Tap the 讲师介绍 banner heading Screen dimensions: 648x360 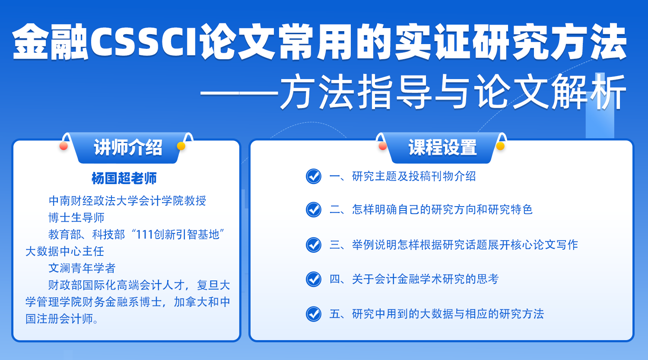point(128,148)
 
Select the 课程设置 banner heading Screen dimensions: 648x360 point(442,148)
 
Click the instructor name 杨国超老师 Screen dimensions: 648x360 point(124,178)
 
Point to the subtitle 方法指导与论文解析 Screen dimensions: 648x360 point(453,92)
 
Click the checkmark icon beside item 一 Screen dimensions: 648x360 point(314,176)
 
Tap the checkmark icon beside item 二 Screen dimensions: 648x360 point(314,210)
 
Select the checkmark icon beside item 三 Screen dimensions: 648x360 point(314,245)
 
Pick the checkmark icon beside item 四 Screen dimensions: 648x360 point(314,279)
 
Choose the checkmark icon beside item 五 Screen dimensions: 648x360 point(314,314)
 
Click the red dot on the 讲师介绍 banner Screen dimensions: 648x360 point(64,146)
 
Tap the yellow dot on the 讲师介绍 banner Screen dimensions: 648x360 point(181,146)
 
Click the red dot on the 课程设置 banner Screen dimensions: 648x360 point(383,146)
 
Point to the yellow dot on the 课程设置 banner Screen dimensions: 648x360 point(500,146)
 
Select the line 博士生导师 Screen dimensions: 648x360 point(76,218)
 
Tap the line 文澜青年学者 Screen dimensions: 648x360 point(82,268)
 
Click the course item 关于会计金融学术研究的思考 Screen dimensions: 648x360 point(425,279)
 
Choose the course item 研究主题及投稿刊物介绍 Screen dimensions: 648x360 point(414,176)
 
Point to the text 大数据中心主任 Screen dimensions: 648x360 point(65,252)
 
